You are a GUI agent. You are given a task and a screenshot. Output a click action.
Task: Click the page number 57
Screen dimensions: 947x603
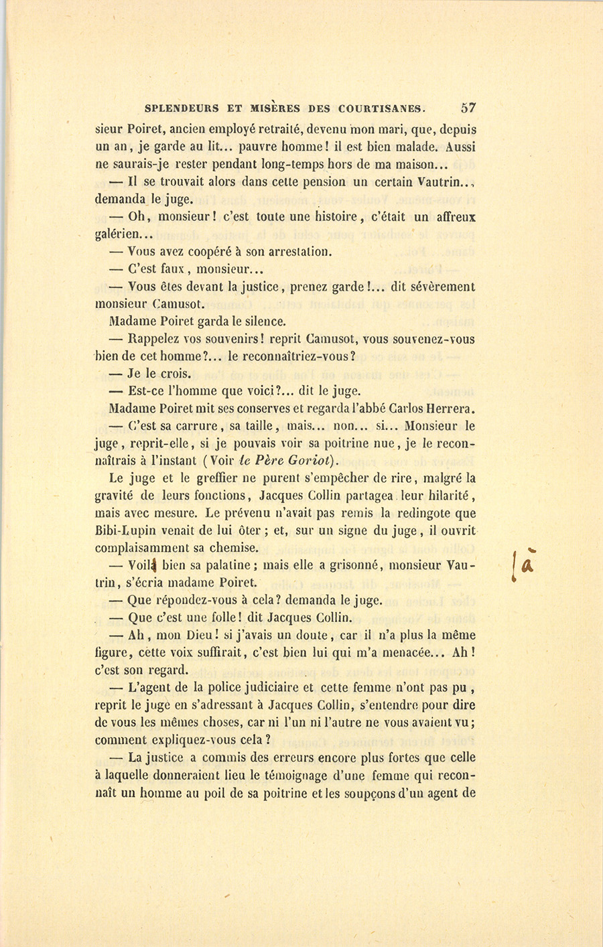(x=468, y=107)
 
